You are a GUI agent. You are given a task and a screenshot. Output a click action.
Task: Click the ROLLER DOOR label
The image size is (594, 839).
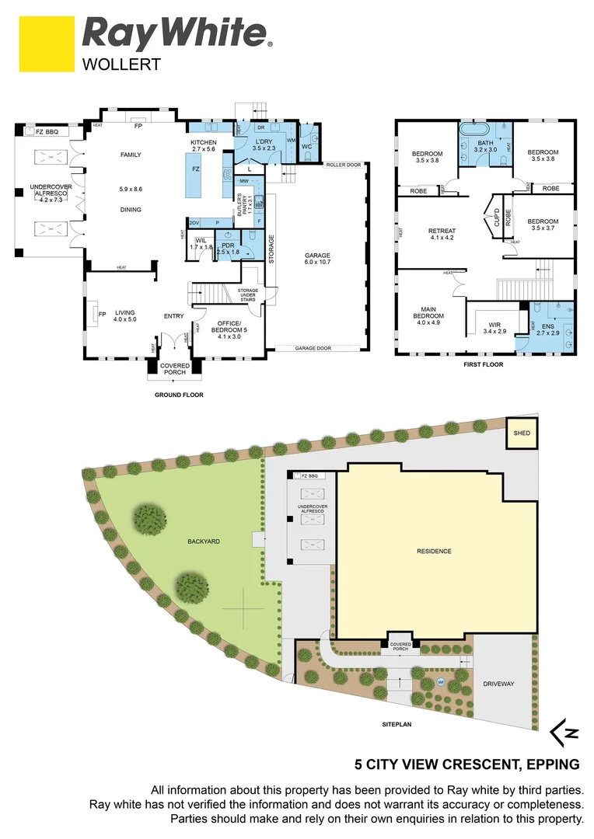[x=344, y=165]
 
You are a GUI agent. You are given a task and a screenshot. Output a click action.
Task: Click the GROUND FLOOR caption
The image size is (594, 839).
[x=178, y=395]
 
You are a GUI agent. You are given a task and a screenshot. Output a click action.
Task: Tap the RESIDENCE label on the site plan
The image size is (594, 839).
[x=434, y=551]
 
